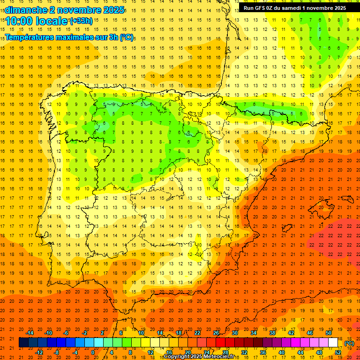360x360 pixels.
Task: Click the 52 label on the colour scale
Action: tap(338, 352)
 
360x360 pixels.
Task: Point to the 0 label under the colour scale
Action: tap(93, 352)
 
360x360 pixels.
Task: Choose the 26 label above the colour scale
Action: tap(216, 333)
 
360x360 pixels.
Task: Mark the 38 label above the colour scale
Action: tap(272, 333)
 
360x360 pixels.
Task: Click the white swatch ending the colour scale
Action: tap(333, 343)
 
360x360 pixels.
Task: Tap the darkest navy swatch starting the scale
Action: tap(23, 343)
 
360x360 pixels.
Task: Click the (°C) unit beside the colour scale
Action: tap(349, 343)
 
